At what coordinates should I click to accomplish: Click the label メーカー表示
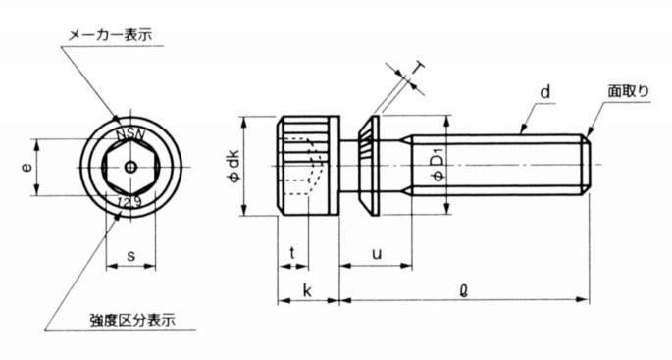111,35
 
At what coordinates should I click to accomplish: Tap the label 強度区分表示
132,320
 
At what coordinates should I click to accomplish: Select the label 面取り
628,91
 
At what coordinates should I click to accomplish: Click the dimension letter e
27,167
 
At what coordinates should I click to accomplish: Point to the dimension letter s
131,256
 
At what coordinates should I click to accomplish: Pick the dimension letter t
292,253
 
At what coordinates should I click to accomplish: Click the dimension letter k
307,290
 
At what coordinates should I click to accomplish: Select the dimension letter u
377,254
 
